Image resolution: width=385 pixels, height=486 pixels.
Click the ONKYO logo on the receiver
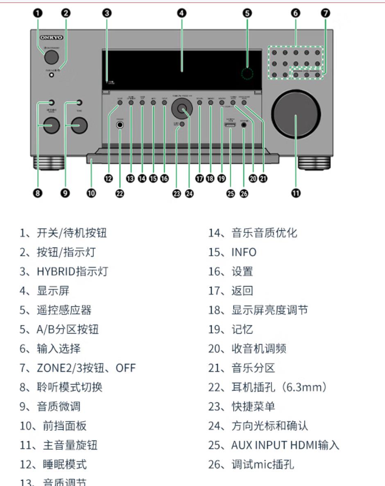pos(52,37)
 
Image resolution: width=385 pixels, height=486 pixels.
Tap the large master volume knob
pos(295,116)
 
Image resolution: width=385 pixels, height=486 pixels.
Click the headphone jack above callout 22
pos(120,126)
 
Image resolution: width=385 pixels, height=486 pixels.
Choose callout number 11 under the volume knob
pos(295,193)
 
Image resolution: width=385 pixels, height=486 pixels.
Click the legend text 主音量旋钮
pos(70,445)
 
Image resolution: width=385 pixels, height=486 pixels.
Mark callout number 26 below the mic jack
pos(244,193)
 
